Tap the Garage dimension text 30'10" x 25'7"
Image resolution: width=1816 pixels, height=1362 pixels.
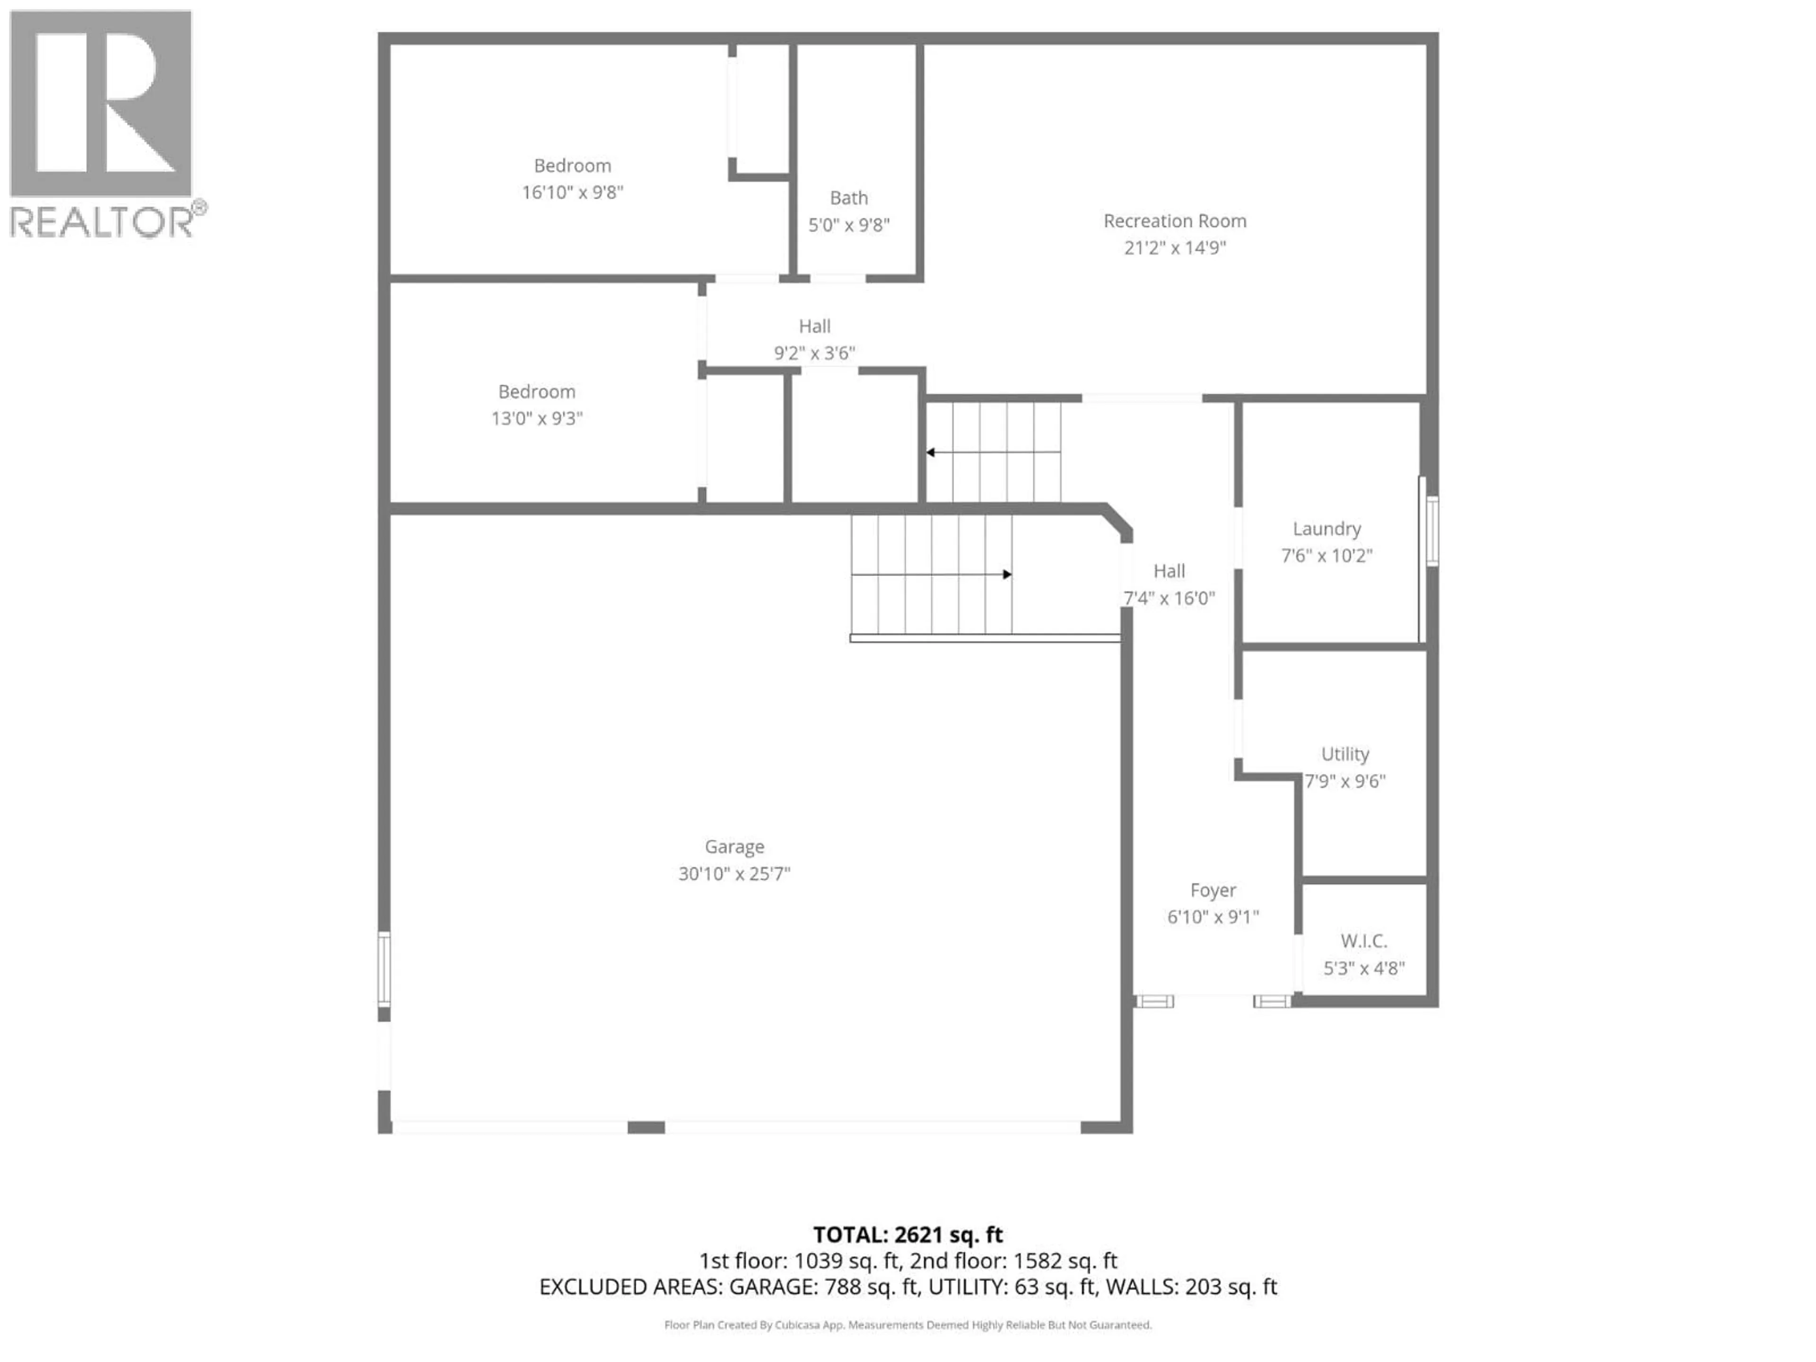734,873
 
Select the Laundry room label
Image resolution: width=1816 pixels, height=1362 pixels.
1326,529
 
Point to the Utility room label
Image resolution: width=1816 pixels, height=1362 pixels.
1345,754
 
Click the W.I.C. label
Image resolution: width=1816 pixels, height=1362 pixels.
1363,941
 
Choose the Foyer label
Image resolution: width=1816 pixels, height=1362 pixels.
1213,890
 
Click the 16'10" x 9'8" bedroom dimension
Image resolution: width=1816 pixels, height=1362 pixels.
572,192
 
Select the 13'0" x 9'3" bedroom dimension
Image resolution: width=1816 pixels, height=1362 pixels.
536,419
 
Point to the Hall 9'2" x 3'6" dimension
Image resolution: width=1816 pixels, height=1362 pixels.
814,353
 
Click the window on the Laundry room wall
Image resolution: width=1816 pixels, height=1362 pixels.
1432,530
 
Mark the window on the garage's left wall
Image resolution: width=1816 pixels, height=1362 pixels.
384,968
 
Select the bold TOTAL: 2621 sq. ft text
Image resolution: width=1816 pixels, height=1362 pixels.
907,1235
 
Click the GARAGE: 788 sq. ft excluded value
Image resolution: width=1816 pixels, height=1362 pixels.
823,1287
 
